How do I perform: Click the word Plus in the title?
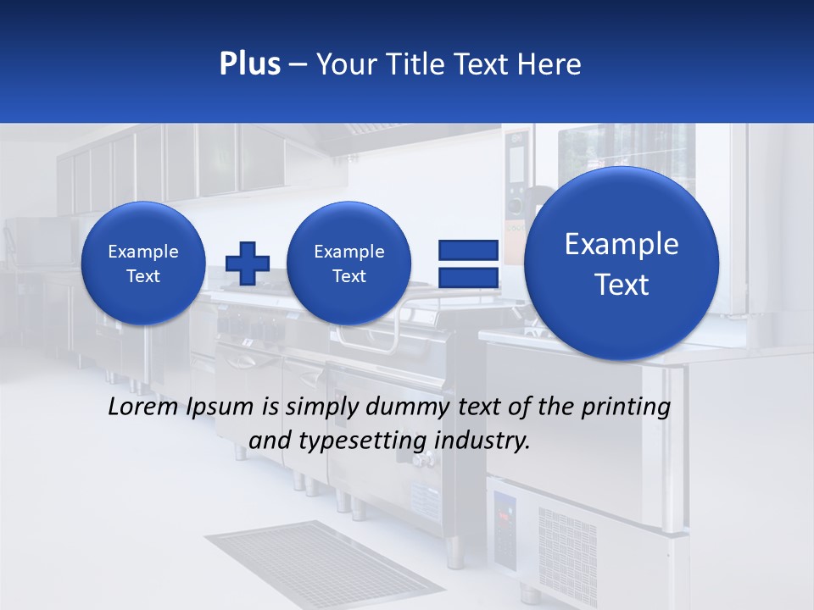[249, 64]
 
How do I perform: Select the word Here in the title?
[549, 64]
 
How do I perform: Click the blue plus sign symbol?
[248, 263]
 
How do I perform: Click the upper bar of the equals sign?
[468, 250]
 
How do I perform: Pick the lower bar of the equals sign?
[468, 277]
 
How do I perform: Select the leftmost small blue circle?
[143, 263]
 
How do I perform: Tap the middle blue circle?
[349, 263]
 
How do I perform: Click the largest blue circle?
[622, 263]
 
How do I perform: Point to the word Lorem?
[143, 407]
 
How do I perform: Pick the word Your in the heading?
[347, 64]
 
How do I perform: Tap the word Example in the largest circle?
[622, 244]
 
